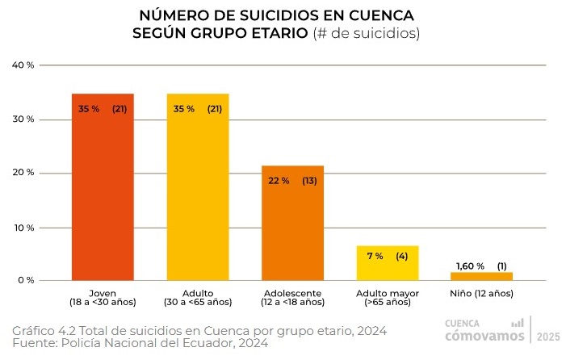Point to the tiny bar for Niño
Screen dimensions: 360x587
click(482, 276)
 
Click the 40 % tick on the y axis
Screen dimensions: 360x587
click(23, 65)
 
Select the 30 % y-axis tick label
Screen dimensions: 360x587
click(23, 119)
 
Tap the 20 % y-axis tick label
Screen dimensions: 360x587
click(23, 174)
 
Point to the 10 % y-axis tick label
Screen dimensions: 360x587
click(23, 228)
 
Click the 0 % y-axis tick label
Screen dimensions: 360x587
click(25, 281)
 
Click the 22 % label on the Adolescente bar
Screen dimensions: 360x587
click(279, 181)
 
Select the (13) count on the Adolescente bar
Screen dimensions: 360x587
click(309, 181)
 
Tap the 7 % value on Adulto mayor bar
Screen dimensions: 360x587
click(375, 256)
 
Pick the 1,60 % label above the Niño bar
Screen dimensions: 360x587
click(470, 266)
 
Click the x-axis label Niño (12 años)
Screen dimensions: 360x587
click(482, 293)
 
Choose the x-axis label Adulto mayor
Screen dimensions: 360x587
click(388, 293)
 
